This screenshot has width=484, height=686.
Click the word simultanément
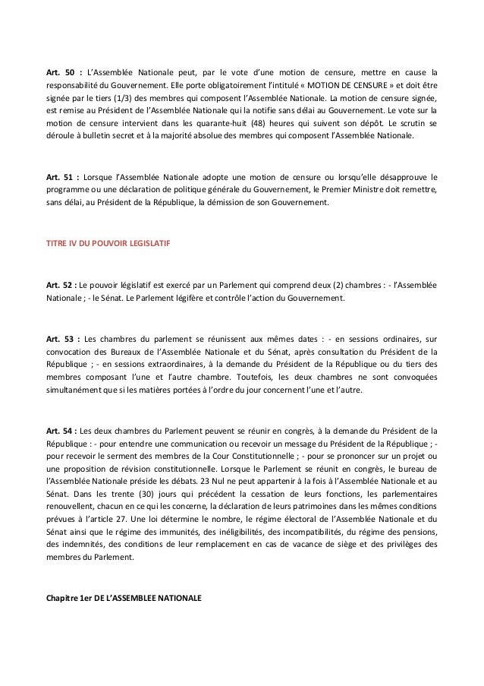[x=78, y=394]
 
